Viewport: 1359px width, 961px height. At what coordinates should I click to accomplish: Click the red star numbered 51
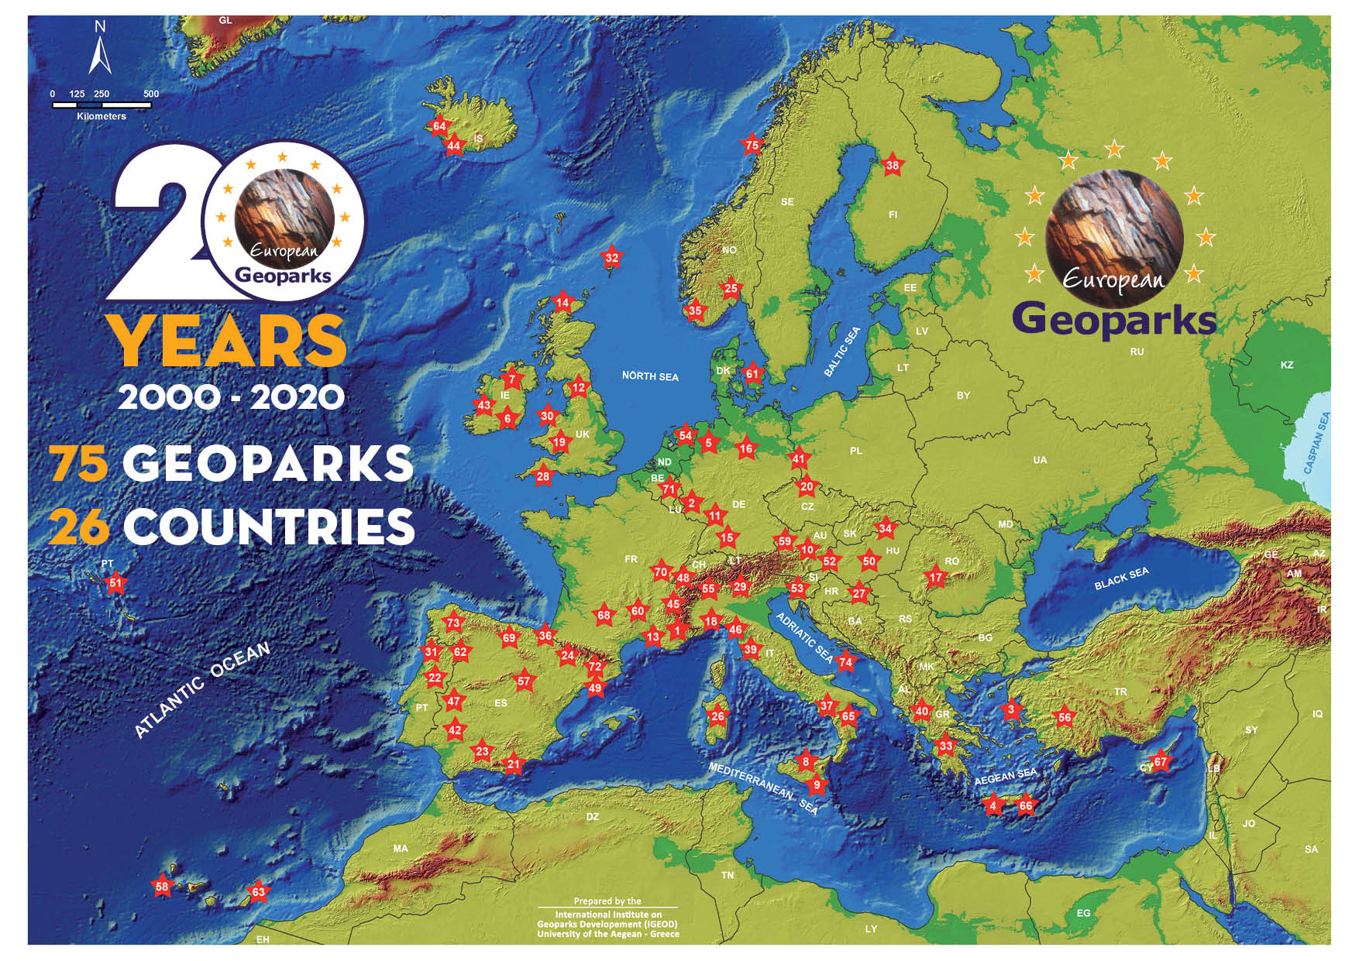point(115,583)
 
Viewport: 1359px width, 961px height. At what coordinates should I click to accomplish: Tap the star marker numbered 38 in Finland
point(893,165)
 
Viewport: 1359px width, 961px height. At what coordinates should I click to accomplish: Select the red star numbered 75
point(752,145)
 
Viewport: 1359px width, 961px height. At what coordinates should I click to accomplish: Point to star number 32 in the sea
point(612,258)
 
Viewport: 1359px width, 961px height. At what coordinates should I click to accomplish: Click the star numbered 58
point(162,887)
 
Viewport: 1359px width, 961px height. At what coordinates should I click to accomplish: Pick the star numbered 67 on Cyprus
point(1160,761)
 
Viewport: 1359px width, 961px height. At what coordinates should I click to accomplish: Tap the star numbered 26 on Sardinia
point(718,716)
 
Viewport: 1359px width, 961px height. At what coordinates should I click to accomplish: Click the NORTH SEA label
point(650,376)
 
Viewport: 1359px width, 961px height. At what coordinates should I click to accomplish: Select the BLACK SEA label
point(1121,578)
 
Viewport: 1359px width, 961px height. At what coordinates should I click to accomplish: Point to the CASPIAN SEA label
point(1316,443)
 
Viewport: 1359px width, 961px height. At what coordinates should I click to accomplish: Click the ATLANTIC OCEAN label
point(202,689)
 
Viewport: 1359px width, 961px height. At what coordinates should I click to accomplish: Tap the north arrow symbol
point(100,50)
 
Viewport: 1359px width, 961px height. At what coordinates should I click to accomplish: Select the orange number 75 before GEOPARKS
point(78,464)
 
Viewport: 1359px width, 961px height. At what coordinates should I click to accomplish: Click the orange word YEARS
point(228,341)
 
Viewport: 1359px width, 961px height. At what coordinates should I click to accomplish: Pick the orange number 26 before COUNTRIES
point(78,527)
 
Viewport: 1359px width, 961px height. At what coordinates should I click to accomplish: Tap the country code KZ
point(1287,365)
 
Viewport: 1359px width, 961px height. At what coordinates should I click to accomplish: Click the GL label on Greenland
point(225,20)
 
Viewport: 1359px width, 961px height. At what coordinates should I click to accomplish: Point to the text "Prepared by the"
point(607,901)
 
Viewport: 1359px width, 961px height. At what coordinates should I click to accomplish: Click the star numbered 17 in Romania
point(936,577)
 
